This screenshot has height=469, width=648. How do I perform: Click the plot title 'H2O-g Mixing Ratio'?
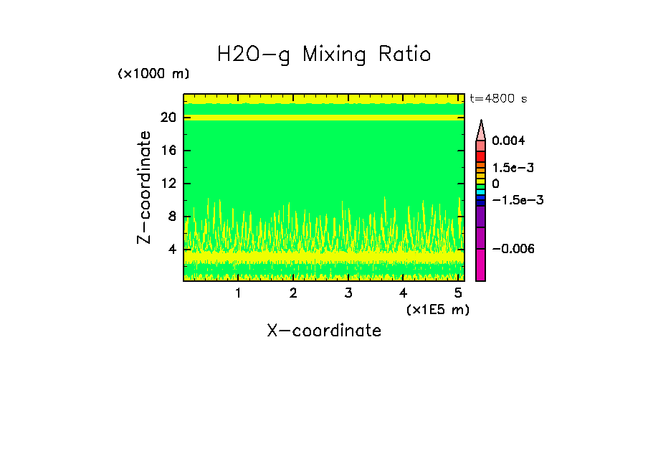pyautogui.click(x=324, y=55)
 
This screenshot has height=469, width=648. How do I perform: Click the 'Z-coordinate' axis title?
pyautogui.click(x=145, y=187)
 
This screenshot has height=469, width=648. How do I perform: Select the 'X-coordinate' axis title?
pyautogui.click(x=324, y=331)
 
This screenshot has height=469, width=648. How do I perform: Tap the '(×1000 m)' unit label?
pyautogui.click(x=153, y=74)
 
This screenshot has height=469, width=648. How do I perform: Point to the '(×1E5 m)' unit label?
pyautogui.click(x=437, y=309)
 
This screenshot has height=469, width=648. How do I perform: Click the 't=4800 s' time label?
pyautogui.click(x=498, y=99)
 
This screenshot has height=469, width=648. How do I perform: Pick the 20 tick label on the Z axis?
pyautogui.click(x=169, y=118)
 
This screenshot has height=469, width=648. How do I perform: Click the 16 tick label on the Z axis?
pyautogui.click(x=169, y=151)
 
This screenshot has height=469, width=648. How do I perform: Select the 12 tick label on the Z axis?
pyautogui.click(x=169, y=184)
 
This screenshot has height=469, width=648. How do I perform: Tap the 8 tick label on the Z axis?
pyautogui.click(x=173, y=217)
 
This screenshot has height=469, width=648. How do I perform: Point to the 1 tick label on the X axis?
pyautogui.click(x=238, y=293)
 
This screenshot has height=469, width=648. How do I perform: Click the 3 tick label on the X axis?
pyautogui.click(x=348, y=293)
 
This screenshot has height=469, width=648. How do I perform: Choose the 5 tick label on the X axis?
pyautogui.click(x=458, y=293)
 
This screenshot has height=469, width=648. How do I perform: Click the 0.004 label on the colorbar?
pyautogui.click(x=508, y=141)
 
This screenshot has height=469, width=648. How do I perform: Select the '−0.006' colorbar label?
pyautogui.click(x=513, y=248)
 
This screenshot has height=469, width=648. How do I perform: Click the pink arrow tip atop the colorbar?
pyautogui.click(x=481, y=130)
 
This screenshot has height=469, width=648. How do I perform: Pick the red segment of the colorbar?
pyautogui.click(x=481, y=156)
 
